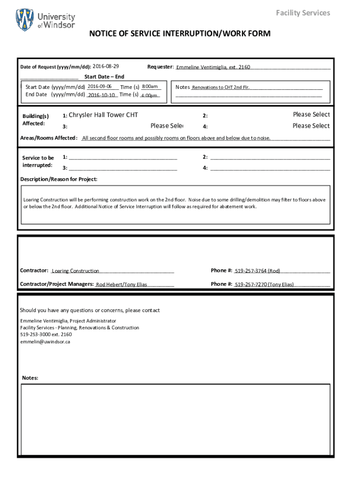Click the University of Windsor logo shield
click(x=25, y=20)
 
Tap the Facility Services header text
click(x=303, y=13)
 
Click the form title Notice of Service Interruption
click(x=180, y=34)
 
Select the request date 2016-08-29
click(x=106, y=66)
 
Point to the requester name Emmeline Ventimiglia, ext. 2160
click(x=213, y=67)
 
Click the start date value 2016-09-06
click(x=99, y=87)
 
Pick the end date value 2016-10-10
click(x=101, y=95)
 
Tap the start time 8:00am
click(x=150, y=87)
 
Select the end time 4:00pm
click(x=149, y=95)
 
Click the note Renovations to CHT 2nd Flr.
click(x=221, y=87)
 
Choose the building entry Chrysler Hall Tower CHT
click(x=103, y=115)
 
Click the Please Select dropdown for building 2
click(x=311, y=115)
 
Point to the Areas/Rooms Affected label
click(x=49, y=138)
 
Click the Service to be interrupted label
click(x=38, y=162)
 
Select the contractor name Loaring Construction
click(x=75, y=271)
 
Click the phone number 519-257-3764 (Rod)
click(x=258, y=271)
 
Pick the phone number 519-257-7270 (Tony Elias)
click(x=264, y=284)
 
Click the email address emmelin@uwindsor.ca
click(x=45, y=342)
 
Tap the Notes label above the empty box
click(x=30, y=378)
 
